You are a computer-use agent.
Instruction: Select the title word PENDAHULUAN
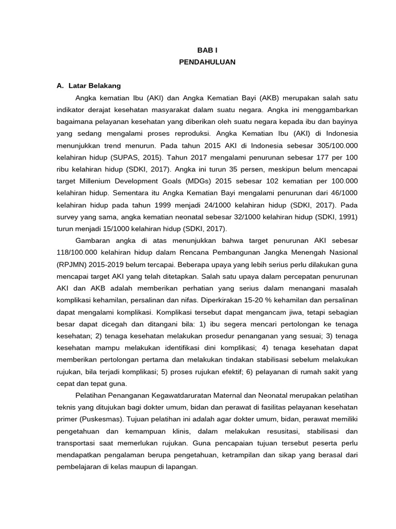[x=207, y=62]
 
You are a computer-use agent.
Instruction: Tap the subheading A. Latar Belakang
[x=89, y=86]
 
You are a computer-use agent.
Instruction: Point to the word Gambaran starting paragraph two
[x=94, y=241]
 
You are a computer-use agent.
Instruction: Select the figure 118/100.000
[x=82, y=253]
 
